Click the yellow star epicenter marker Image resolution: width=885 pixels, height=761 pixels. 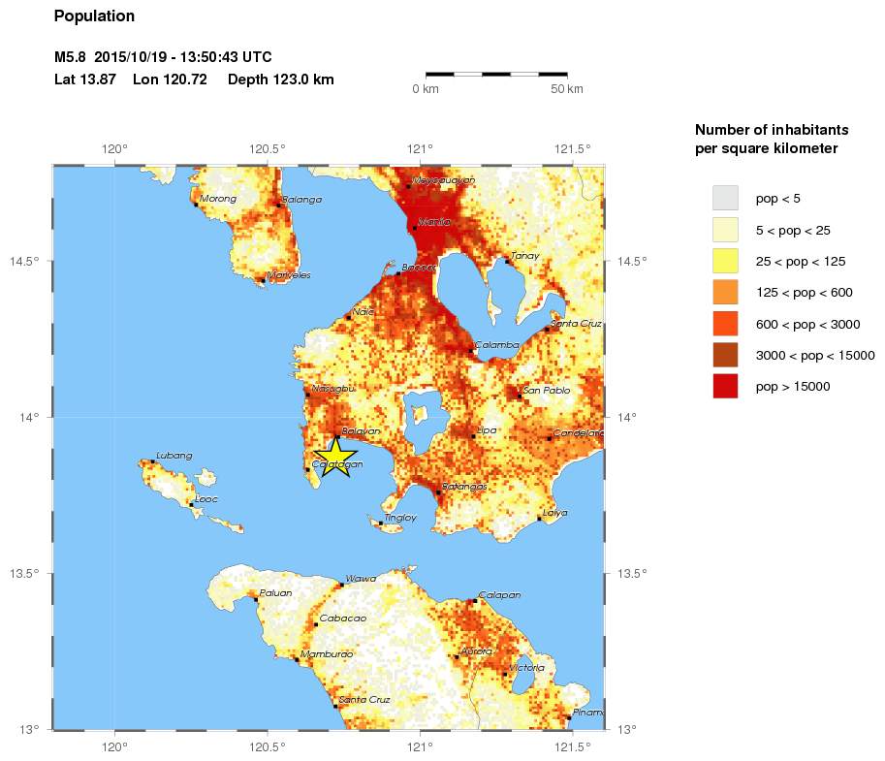coord(335,457)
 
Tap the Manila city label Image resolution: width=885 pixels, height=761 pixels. coord(433,222)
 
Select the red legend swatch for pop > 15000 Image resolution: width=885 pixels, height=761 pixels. coord(725,386)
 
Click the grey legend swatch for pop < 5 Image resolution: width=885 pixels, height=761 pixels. coord(725,198)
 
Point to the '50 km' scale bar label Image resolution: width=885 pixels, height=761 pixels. coord(567,89)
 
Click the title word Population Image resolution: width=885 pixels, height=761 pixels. coord(94,16)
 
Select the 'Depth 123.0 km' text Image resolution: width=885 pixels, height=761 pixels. coord(281,79)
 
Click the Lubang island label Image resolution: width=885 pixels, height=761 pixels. coord(174,456)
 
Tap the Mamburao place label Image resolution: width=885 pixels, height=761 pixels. coord(327,654)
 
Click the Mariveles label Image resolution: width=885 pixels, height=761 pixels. coord(289,275)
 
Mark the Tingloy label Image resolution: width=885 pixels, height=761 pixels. coord(400,518)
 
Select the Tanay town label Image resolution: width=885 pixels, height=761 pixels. coord(524,256)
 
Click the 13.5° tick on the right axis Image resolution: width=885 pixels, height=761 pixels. coord(631,574)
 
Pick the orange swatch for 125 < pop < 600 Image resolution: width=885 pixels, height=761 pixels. coord(725,292)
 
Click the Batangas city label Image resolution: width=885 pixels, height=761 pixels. coord(463,487)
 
